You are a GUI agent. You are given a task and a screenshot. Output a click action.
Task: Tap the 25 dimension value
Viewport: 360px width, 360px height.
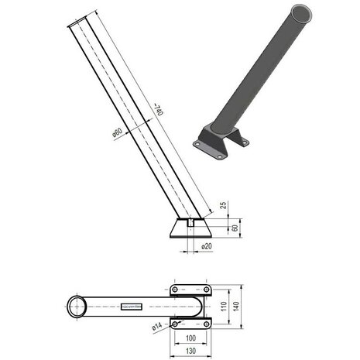[223, 205]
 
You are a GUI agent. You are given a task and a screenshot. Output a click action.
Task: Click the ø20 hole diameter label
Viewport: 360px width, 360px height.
[207, 246]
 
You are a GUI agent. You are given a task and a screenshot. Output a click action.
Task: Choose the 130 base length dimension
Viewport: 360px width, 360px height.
[190, 351]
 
